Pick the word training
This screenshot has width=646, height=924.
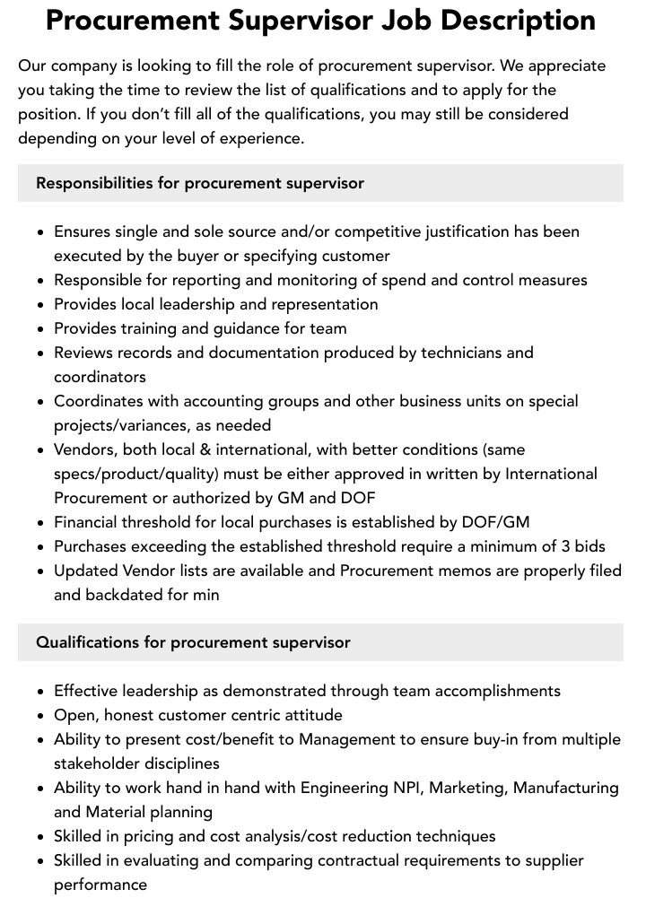click(x=146, y=328)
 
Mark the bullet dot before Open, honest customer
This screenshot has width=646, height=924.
click(x=41, y=716)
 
